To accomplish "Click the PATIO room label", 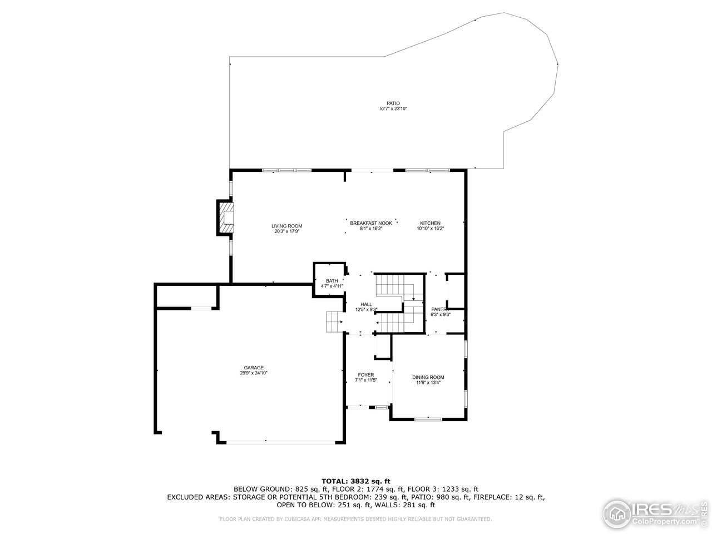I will click(393, 103).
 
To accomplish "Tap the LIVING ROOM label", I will click(286, 226).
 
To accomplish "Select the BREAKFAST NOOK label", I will click(371, 223).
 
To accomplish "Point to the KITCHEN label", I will click(430, 223).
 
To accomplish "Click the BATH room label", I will click(332, 281).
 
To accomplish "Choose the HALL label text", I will click(366, 304).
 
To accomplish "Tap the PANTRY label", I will click(440, 309).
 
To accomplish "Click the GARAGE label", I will click(253, 368).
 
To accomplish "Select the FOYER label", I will click(365, 375).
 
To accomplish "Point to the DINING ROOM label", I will click(428, 377).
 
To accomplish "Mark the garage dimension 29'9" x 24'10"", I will click(253, 373).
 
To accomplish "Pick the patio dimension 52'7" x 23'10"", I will click(393, 109).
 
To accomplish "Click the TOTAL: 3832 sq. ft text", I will click(356, 481).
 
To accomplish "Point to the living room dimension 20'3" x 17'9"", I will click(286, 231).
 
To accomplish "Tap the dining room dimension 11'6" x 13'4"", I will click(428, 383).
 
